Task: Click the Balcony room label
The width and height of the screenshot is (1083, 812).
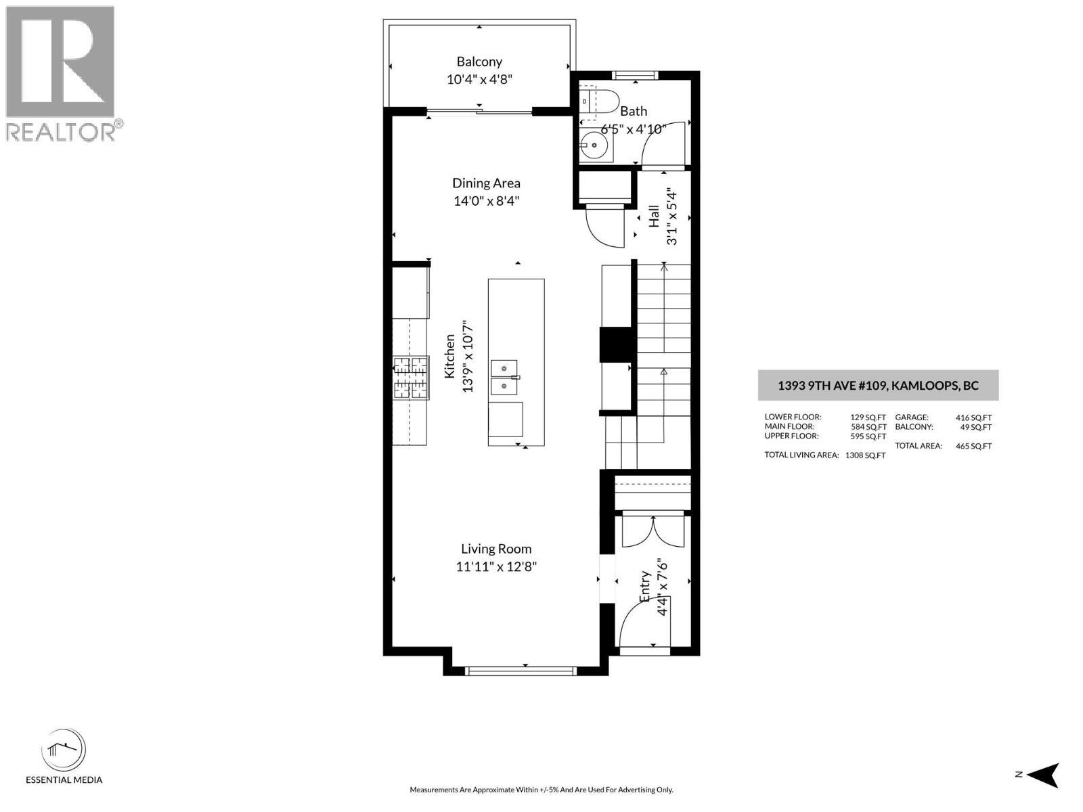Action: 479,62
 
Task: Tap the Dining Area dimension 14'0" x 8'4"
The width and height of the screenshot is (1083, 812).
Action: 486,201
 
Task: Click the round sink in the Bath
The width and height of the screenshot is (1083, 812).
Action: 594,145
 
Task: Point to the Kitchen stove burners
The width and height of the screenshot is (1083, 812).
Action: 410,378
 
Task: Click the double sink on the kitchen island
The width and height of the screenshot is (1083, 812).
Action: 504,377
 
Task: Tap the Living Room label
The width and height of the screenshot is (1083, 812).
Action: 496,549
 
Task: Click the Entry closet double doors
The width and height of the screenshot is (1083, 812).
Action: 653,531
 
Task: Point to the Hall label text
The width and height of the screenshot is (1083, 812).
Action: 654,216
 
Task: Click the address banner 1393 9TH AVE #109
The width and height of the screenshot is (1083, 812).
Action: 878,385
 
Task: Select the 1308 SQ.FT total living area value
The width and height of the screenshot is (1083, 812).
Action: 866,455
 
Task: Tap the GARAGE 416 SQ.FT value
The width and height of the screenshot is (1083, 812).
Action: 973,418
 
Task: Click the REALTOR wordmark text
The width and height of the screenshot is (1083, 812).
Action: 60,132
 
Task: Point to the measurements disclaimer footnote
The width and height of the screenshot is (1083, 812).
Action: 541,790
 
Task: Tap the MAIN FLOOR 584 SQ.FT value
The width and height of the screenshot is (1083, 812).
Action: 868,427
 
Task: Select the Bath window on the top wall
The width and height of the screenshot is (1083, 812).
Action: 635,75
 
